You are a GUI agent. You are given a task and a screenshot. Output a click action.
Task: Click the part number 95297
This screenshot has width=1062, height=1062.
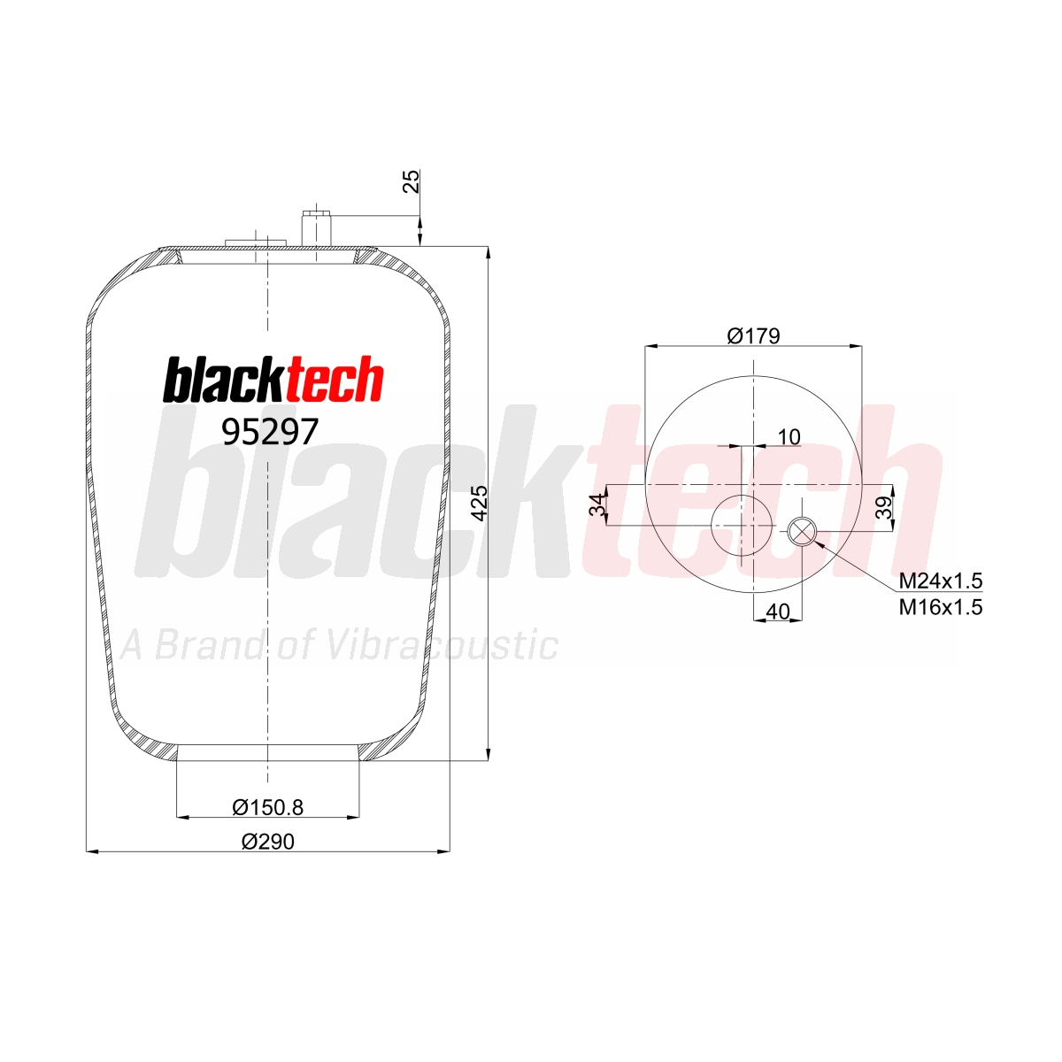270,432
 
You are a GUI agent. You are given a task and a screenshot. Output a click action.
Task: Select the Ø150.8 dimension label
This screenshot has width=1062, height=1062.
268,807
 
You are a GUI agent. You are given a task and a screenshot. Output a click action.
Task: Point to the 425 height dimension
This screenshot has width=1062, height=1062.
480,504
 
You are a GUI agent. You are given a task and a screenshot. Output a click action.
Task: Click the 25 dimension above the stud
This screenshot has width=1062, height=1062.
412,181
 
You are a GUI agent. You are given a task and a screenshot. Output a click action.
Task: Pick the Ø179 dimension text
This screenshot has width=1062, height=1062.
753,335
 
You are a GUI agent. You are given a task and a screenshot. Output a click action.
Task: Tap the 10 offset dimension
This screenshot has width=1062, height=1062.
789,437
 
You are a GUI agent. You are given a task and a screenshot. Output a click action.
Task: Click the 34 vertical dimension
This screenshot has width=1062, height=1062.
596,504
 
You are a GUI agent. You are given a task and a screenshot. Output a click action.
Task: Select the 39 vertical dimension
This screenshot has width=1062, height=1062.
883,508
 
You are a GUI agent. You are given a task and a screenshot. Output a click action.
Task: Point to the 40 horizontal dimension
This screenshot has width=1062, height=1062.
778,612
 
